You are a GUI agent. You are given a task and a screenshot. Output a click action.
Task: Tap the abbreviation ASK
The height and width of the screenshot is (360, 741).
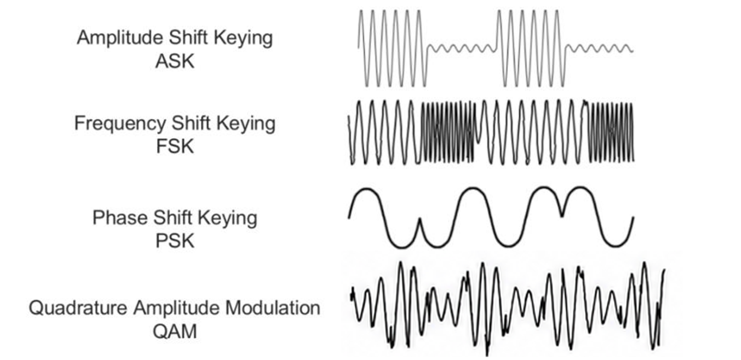(175, 62)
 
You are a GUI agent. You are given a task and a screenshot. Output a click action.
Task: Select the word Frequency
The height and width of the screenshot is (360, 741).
(119, 124)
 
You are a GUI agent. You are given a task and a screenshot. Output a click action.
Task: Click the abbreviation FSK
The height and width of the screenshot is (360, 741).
(175, 146)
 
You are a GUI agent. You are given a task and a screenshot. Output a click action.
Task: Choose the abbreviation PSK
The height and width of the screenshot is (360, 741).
(175, 241)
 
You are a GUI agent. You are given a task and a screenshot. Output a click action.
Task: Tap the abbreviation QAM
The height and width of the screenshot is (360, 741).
(175, 331)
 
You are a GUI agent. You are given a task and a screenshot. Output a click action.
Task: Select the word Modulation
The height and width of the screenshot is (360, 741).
(273, 308)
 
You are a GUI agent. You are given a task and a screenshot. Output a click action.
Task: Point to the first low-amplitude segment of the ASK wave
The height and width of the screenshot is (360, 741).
(461, 49)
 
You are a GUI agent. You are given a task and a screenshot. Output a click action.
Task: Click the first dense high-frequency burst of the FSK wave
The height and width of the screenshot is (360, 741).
(447, 132)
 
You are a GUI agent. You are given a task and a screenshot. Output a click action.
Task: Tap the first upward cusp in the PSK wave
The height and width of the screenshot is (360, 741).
(420, 220)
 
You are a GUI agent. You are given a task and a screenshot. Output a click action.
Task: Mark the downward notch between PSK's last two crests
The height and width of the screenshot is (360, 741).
(562, 214)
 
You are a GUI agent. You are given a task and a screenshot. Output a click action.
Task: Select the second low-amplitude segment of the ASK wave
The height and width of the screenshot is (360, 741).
(599, 49)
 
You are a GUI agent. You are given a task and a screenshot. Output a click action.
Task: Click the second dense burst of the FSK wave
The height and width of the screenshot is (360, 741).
(610, 132)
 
